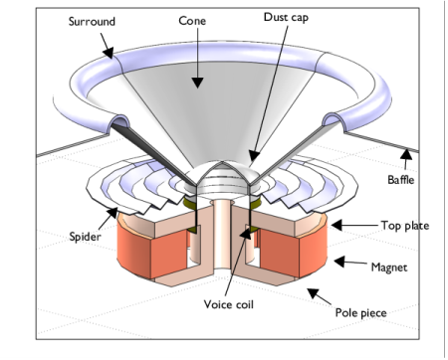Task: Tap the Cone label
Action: click(x=194, y=20)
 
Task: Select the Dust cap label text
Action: click(x=286, y=17)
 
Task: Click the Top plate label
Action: click(x=404, y=226)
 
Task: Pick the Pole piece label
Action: click(x=359, y=313)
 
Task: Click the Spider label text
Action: click(x=85, y=237)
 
